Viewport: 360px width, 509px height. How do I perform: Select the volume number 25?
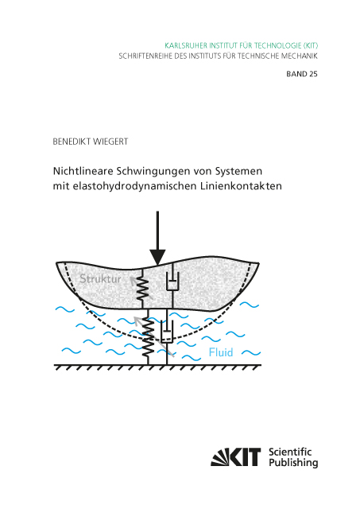pyautogui.click(x=313, y=74)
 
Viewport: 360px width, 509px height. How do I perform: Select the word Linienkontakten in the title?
pyautogui.click(x=240, y=186)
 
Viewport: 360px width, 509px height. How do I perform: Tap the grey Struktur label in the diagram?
pyautogui.click(x=100, y=279)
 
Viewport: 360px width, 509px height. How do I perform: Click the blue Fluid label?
pyautogui.click(x=221, y=352)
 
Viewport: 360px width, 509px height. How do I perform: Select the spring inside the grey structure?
pyautogui.click(x=142, y=288)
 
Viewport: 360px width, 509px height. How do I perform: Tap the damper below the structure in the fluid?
pyautogui.click(x=167, y=332)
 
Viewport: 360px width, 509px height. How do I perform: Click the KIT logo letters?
pyautogui.click(x=236, y=457)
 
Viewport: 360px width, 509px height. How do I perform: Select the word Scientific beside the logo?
pyautogui.click(x=290, y=452)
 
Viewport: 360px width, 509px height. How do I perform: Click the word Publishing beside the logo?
pyautogui.click(x=293, y=463)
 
